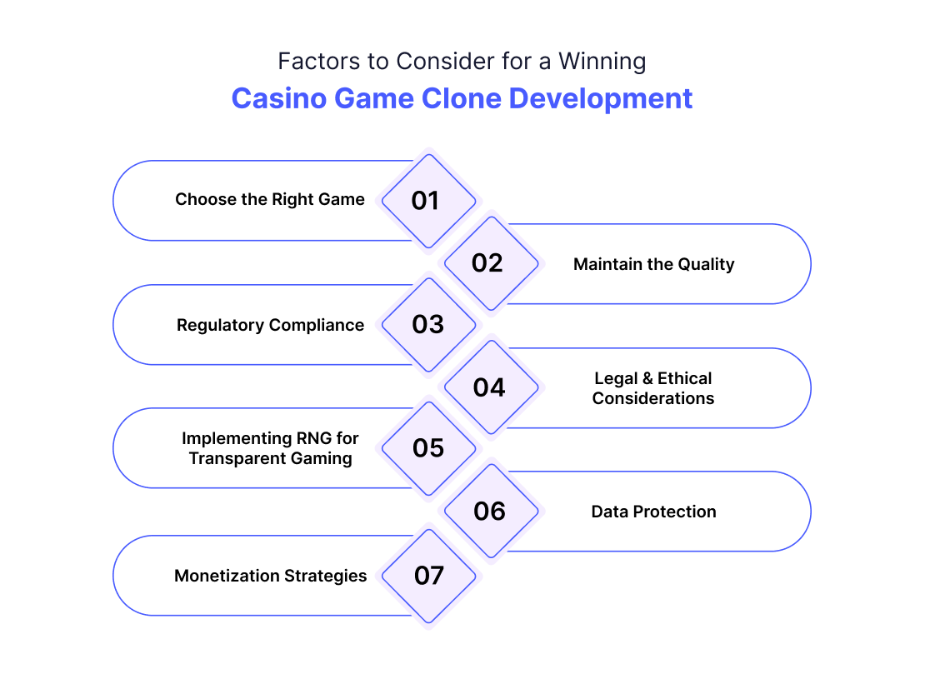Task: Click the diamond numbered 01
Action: click(x=429, y=201)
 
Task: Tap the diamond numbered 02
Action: click(x=492, y=263)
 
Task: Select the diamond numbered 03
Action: click(x=429, y=325)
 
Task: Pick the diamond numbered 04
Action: click(x=492, y=387)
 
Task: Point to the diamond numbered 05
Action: click(x=429, y=449)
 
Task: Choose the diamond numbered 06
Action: click(x=492, y=512)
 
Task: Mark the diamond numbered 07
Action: click(x=429, y=577)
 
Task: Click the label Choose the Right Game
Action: click(x=270, y=200)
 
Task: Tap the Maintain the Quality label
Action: click(x=653, y=264)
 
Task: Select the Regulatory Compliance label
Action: click(x=270, y=326)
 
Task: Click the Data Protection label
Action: click(x=653, y=512)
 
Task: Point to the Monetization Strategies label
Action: click(x=270, y=577)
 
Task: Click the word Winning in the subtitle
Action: click(x=602, y=62)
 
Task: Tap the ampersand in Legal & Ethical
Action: click(x=647, y=378)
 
